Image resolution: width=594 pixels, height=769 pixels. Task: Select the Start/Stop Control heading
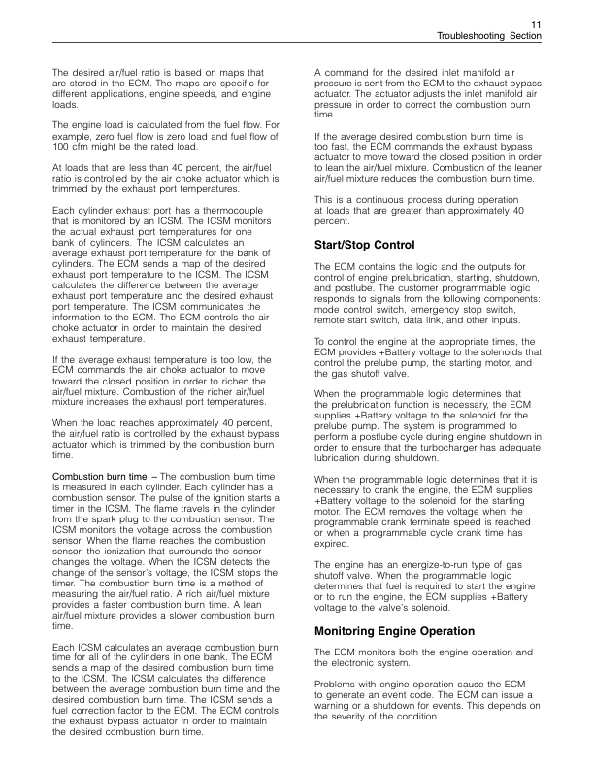[x=365, y=244]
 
